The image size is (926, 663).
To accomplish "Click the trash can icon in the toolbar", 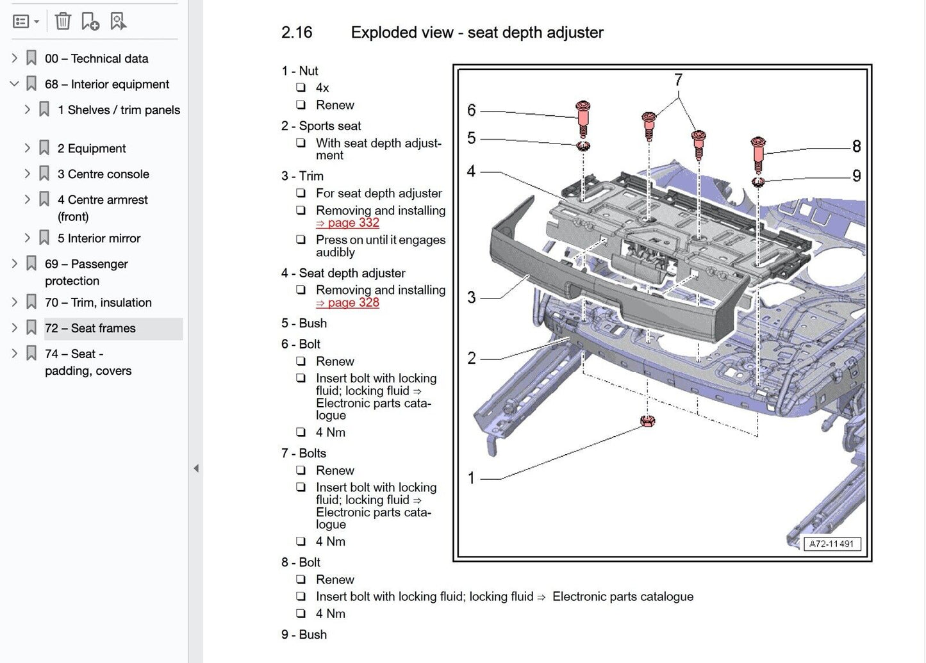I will coord(63,22).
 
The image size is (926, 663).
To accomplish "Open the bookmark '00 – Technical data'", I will coord(96,58).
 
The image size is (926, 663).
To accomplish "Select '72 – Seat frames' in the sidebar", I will coord(90,328).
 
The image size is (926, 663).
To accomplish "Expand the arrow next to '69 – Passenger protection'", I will coord(15,263).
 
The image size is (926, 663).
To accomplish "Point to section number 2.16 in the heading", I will coord(297,33).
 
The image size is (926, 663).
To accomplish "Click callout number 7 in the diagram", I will coord(678,80).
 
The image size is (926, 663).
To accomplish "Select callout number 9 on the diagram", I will coord(856,176).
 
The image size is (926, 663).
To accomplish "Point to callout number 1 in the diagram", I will coord(472,478).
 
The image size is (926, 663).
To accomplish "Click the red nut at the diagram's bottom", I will coord(647,421).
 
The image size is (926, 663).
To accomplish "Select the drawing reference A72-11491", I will coord(832,544).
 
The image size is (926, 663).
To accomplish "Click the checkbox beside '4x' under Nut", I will coord(301,88).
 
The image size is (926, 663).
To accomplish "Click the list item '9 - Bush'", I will coord(304,635).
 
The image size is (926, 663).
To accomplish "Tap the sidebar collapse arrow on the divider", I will coord(196,468).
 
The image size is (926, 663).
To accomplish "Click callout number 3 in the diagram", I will coord(472,297).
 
